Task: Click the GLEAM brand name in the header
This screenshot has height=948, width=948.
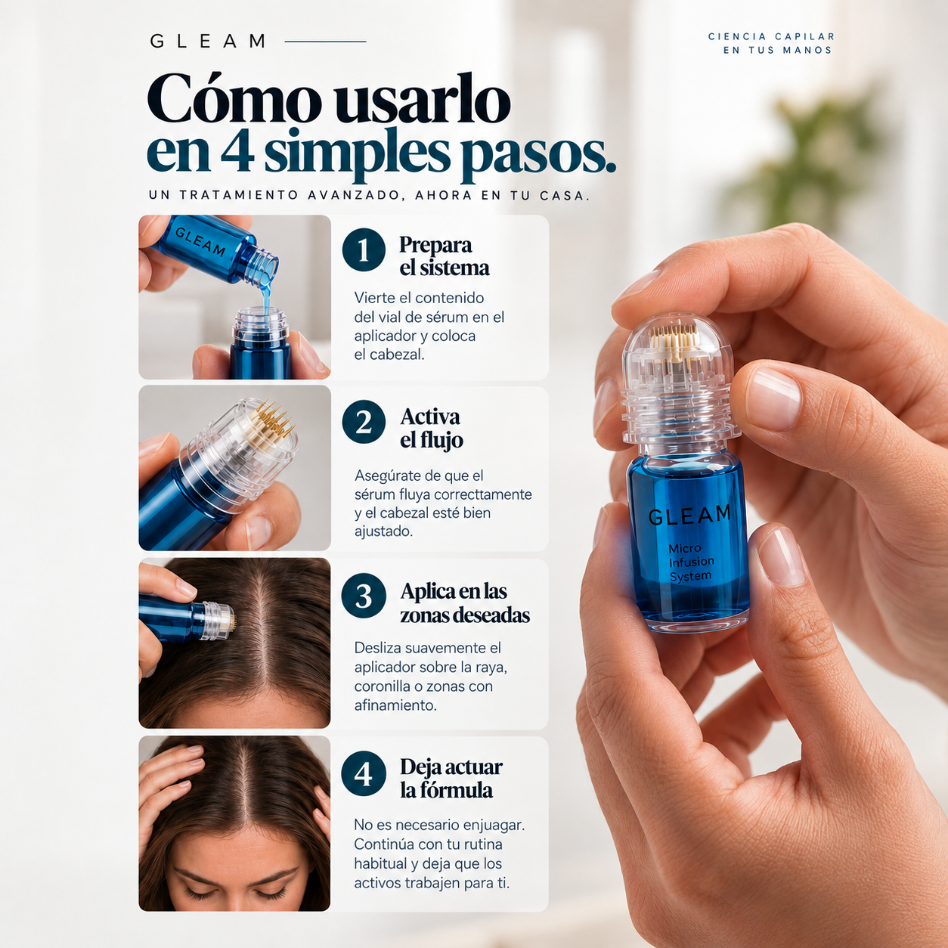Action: (208, 42)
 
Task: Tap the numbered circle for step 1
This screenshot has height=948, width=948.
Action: (364, 249)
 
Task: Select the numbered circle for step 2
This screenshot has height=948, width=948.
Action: (364, 422)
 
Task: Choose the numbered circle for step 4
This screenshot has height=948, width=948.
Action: (364, 774)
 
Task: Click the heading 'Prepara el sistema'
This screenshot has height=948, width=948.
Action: (445, 256)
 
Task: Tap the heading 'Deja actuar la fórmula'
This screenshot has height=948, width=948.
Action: (451, 778)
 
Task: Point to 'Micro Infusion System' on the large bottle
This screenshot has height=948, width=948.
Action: (691, 562)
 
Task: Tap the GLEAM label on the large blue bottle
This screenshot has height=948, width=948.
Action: (689, 515)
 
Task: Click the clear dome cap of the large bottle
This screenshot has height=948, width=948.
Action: (678, 350)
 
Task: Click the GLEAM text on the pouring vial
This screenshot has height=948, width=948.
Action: (200, 242)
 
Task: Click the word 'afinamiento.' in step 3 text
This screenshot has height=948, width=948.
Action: (395, 705)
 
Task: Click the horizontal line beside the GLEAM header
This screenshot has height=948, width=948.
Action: (325, 42)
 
